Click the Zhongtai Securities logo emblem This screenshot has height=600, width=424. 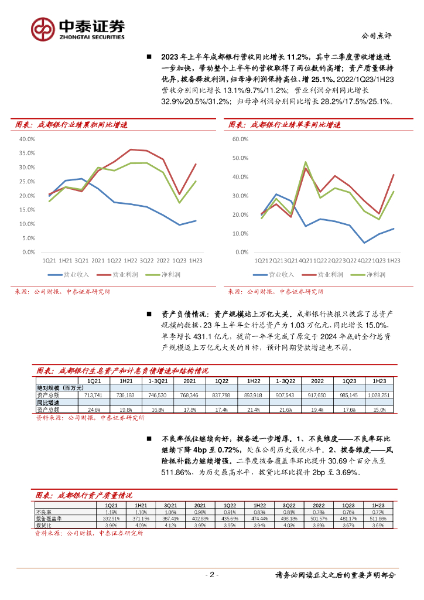click(43, 29)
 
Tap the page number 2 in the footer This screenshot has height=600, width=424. click(213, 575)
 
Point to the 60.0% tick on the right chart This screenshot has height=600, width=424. click(241, 139)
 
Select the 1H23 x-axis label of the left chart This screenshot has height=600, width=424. click(196, 261)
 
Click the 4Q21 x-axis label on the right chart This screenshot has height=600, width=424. click(306, 261)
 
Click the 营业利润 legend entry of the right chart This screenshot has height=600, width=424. click(325, 274)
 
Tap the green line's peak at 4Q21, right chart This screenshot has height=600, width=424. click(306, 162)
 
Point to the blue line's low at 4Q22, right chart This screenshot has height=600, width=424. click(364, 243)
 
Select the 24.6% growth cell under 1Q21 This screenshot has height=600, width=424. click(94, 409)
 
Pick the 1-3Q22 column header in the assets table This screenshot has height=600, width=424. click(285, 381)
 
